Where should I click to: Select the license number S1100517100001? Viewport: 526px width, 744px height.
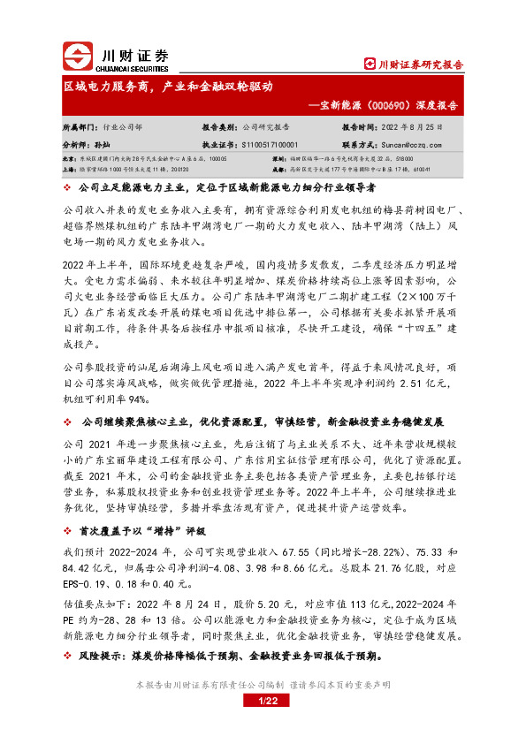pos(269,143)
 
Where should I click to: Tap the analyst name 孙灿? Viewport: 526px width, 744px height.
pos(103,143)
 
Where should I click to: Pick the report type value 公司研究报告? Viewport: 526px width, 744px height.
pos(267,127)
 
